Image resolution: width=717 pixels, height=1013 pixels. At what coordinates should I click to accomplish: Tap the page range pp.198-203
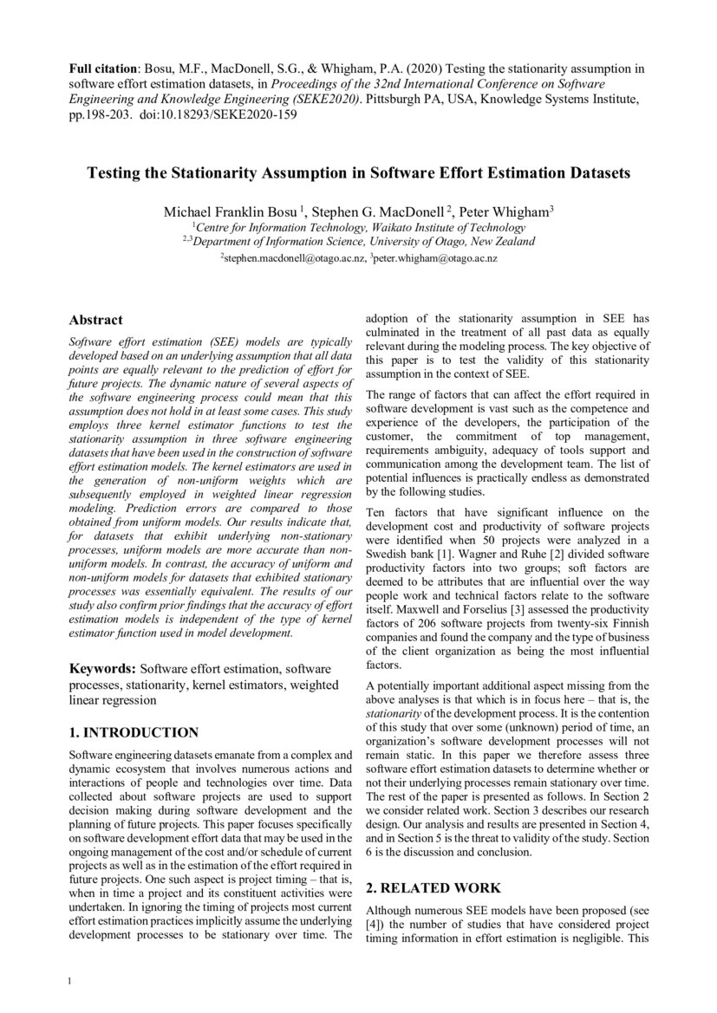pyautogui.click(x=102, y=114)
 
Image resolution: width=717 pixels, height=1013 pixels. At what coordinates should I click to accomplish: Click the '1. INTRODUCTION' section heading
pyautogui.click(x=134, y=733)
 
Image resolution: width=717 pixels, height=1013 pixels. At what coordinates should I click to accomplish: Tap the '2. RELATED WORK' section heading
pyautogui.click(x=433, y=888)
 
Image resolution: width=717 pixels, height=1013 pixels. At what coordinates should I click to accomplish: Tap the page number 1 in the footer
pyautogui.click(x=70, y=981)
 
